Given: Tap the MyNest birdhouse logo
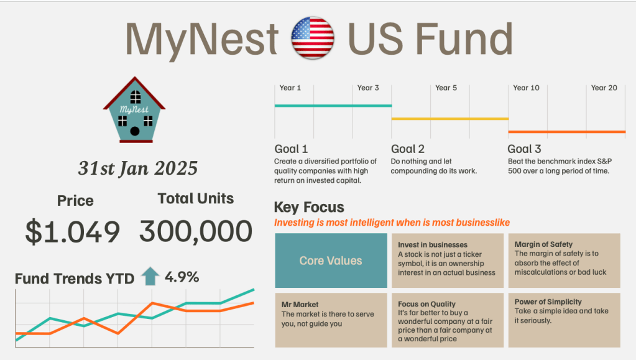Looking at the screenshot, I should click(134, 110).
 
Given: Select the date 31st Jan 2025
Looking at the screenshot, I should click(137, 168).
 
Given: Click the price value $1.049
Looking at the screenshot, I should click(72, 232).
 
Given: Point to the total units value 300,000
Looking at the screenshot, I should click(196, 232).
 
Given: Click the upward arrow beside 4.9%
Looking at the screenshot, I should click(150, 275).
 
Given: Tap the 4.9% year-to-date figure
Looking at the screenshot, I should click(182, 277).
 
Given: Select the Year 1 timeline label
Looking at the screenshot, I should click(290, 88).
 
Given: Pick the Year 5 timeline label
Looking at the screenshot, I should click(446, 88).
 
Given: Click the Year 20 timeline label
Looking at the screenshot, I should click(604, 88).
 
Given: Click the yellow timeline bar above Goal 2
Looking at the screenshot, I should click(449, 118).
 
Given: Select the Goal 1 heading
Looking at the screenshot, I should click(291, 149).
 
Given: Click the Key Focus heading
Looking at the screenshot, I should click(309, 207).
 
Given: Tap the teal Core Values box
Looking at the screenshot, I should click(331, 261).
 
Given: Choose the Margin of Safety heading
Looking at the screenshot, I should click(543, 244).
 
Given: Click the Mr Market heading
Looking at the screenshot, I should click(300, 305).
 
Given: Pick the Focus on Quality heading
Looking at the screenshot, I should click(430, 304).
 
